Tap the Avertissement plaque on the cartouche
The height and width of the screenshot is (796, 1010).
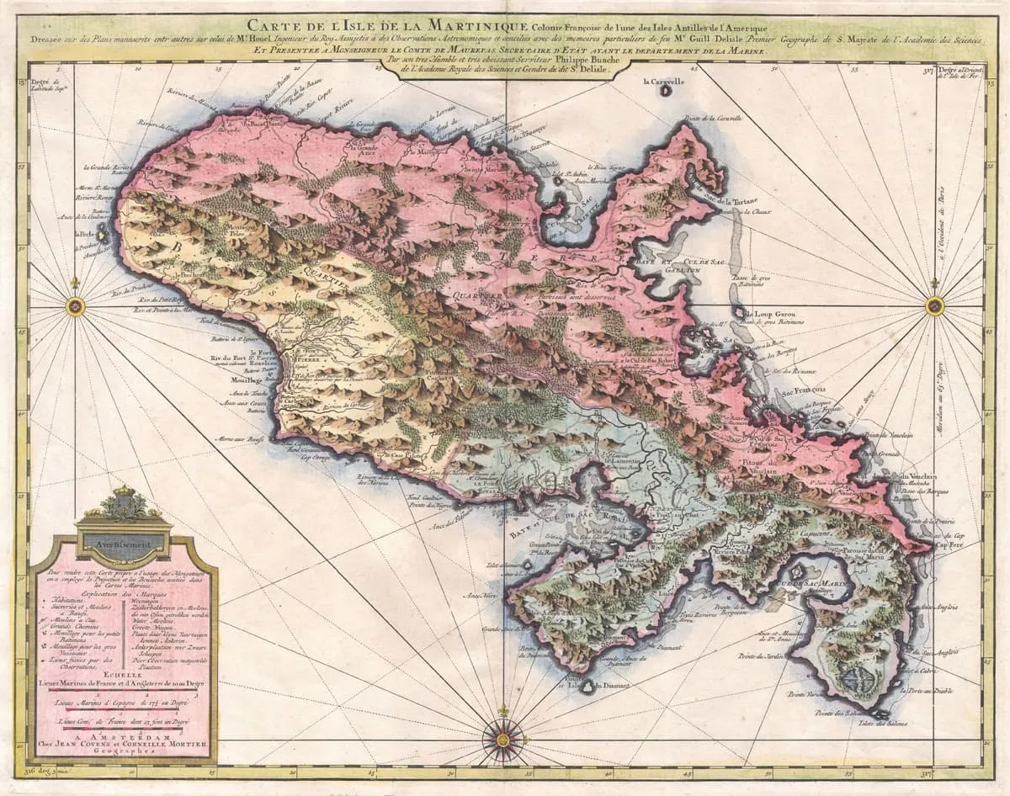pos(123,544)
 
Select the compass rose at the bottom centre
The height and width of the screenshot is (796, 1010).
pos(503,739)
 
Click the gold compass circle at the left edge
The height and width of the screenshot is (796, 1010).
pos(75,307)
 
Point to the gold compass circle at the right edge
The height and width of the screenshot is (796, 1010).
pos(934,306)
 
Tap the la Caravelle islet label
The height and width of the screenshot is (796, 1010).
pos(664,82)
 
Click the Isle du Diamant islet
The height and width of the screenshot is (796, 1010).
pos(589,687)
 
